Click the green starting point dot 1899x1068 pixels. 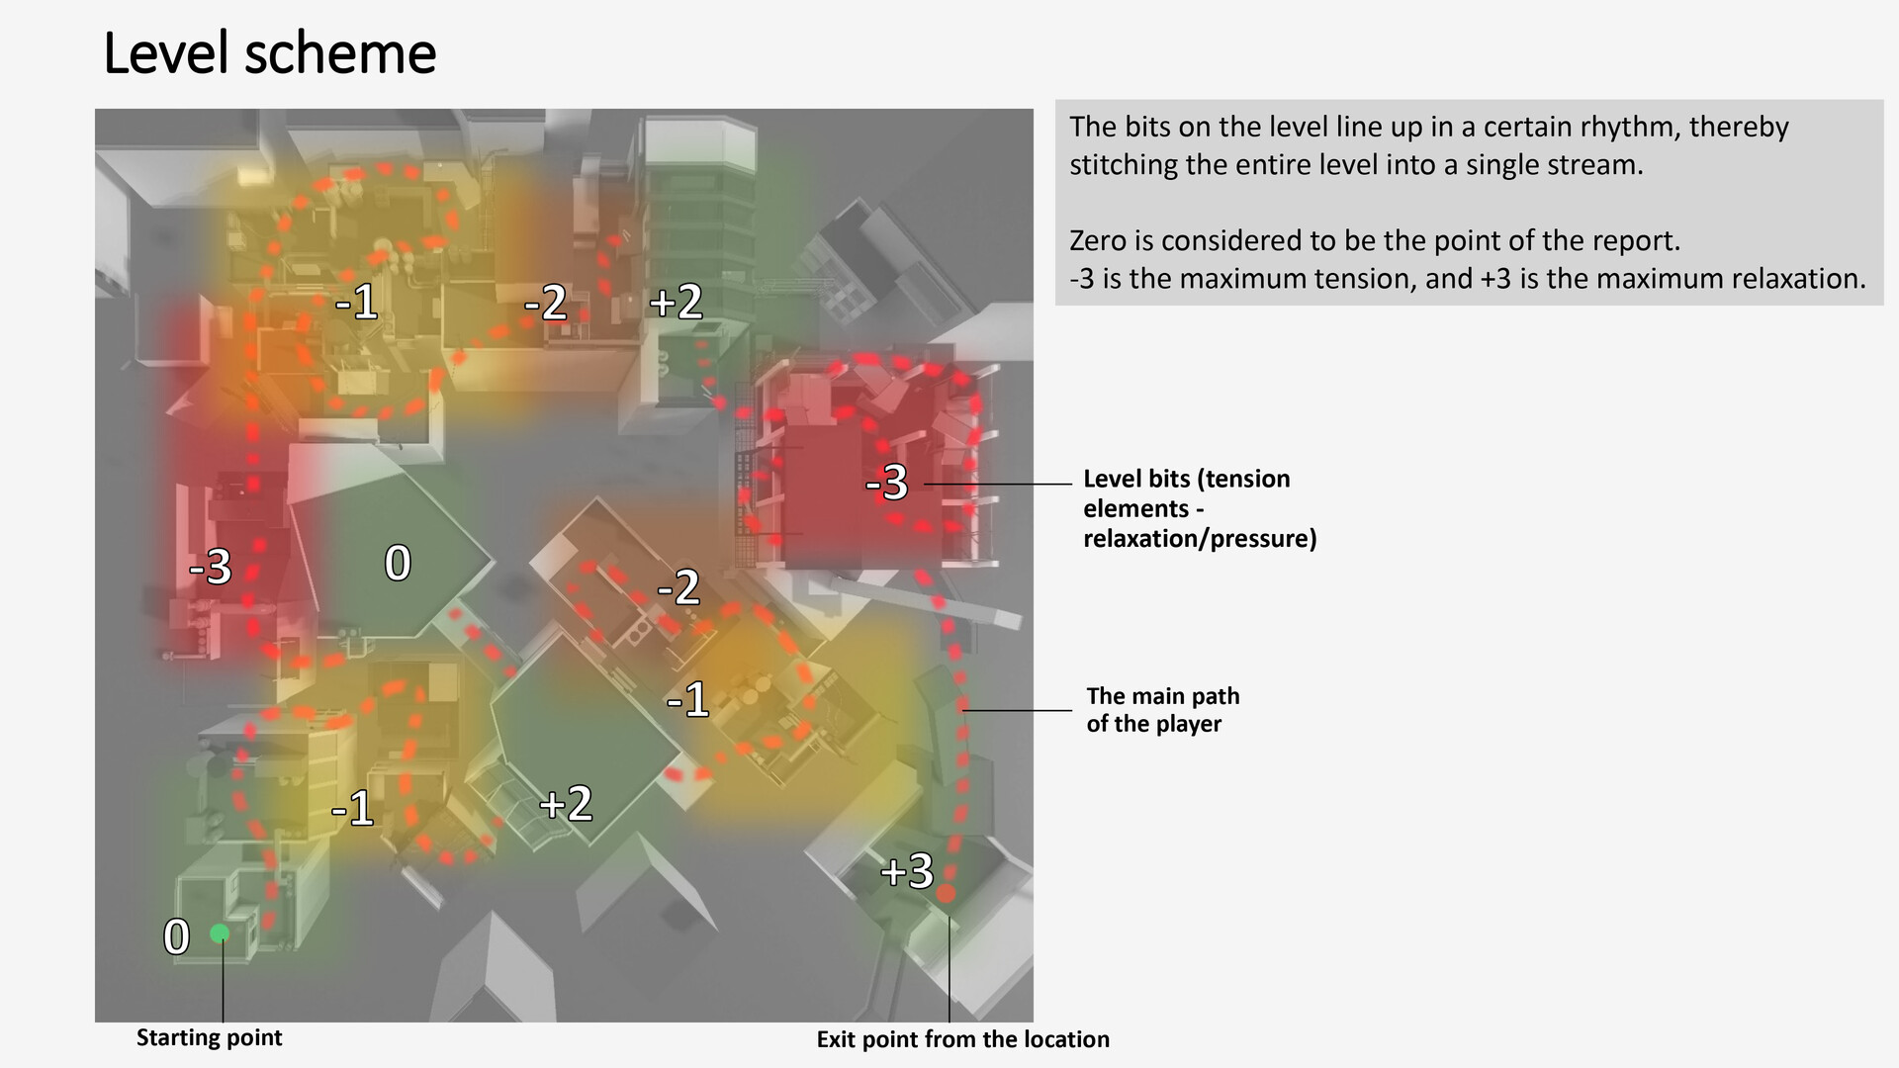(220, 933)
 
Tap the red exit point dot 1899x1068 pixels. (946, 893)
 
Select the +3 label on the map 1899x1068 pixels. (906, 871)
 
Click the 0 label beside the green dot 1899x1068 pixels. (176, 935)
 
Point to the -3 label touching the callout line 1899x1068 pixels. (886, 482)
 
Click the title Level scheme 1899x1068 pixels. (269, 53)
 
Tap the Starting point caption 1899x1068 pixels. (209, 1037)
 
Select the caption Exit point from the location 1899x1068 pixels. (962, 1039)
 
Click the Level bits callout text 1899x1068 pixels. (1200, 508)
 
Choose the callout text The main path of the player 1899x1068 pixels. (1162, 710)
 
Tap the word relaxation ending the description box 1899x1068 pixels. (1787, 279)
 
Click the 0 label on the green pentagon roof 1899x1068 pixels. (398, 563)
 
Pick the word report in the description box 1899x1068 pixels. (1635, 241)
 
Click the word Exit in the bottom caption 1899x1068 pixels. (836, 1039)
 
